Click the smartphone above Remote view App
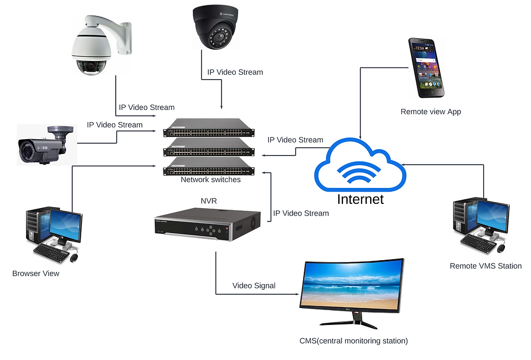click(426, 67)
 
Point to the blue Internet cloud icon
click(360, 166)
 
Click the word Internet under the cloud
click(360, 199)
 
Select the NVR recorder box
click(208, 224)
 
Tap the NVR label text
click(208, 201)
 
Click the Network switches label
click(210, 179)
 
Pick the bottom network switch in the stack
click(209, 169)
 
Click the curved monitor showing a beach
click(353, 292)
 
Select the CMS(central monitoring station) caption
click(354, 341)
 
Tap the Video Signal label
click(254, 286)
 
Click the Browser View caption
click(36, 273)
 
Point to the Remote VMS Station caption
click(485, 266)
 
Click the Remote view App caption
click(431, 112)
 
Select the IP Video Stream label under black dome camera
click(235, 72)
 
